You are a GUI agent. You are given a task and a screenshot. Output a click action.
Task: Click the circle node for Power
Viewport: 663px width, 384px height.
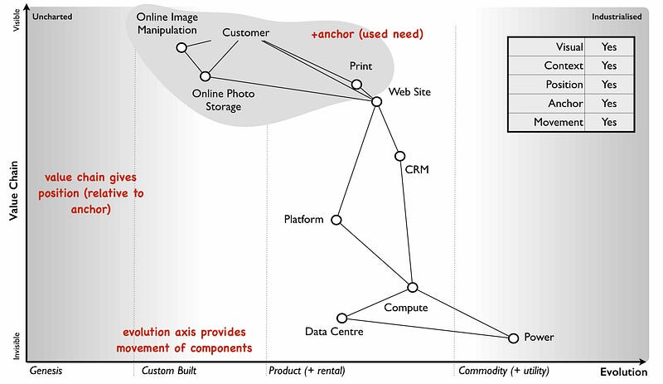513,338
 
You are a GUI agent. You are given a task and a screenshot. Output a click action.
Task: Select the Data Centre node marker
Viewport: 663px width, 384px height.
341,318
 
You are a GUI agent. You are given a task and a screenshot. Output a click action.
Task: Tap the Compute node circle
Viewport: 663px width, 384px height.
413,287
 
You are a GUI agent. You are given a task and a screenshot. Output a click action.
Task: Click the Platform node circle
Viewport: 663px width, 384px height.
336,220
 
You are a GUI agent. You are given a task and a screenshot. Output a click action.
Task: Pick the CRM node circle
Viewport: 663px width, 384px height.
400,156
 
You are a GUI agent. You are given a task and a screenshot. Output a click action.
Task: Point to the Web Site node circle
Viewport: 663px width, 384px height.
376,101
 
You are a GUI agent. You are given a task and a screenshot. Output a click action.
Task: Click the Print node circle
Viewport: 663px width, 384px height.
357,84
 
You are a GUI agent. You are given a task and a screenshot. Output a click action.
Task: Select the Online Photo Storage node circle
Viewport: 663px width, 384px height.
206,76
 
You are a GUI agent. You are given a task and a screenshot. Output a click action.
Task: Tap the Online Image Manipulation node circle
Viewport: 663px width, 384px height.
181,47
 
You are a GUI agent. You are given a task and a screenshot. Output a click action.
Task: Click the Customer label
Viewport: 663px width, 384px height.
246,33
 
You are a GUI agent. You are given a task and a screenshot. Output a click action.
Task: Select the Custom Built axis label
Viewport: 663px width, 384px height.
168,371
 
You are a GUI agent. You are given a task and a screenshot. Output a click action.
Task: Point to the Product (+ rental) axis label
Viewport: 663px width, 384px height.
307,371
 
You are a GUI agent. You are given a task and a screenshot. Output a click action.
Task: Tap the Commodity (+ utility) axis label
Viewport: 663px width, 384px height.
503,371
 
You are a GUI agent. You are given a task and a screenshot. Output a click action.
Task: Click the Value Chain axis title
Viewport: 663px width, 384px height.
13,191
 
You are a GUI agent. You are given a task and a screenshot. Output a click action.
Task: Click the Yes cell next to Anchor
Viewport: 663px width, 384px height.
609,104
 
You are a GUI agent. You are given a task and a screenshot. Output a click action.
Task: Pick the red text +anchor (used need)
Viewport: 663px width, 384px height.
367,35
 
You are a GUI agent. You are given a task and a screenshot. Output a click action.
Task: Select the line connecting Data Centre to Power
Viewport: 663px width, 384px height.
427,328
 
